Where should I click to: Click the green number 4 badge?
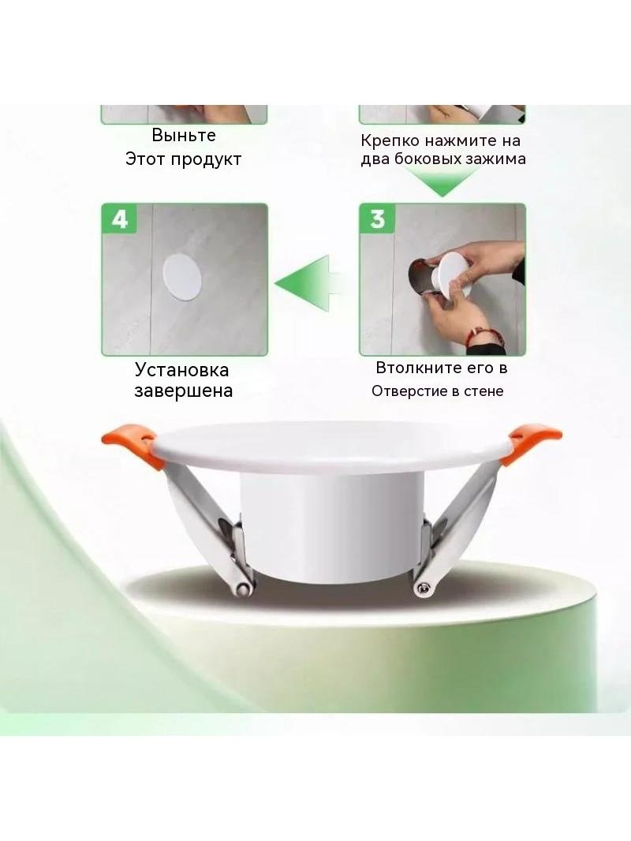tap(119, 219)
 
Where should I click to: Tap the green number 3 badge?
tap(378, 219)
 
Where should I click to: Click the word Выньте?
tap(183, 135)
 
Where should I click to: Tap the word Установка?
tap(181, 369)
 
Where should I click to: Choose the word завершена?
tap(183, 391)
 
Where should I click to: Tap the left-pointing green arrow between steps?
tap(307, 282)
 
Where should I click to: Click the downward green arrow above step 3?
tap(442, 181)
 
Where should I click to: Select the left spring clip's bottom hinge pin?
tap(244, 589)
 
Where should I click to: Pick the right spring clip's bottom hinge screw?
tap(422, 589)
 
